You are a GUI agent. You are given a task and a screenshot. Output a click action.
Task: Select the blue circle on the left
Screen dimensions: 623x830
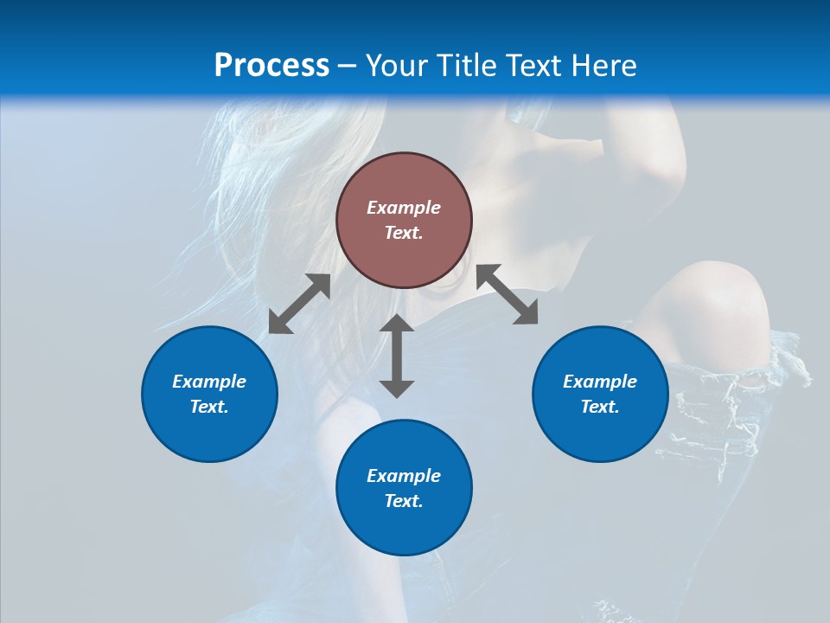tap(209, 394)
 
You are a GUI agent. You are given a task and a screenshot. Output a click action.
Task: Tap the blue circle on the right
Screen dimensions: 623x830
tap(600, 394)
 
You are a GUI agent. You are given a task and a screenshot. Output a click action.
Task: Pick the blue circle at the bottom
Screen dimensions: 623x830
tap(404, 487)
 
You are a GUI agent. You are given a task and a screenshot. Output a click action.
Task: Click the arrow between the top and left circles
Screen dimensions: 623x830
tap(299, 304)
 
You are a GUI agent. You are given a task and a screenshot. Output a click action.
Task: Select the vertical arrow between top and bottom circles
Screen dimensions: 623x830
tap(397, 356)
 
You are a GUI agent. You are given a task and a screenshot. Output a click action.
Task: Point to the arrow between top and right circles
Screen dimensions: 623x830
tap(508, 294)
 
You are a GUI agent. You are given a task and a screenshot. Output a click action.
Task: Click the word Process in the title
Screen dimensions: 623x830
tap(271, 65)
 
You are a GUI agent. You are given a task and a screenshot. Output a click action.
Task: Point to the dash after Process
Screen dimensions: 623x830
tap(348, 66)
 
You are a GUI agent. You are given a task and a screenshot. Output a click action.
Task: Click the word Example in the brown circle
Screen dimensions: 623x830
tap(404, 208)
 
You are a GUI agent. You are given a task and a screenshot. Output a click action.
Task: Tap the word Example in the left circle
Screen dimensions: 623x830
tap(209, 382)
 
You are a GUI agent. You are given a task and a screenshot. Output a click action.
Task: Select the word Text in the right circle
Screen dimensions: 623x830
tap(599, 407)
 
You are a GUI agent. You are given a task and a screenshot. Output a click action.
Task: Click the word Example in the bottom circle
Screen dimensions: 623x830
tap(404, 476)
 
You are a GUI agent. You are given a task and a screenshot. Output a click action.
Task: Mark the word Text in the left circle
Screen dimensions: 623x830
tap(208, 407)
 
